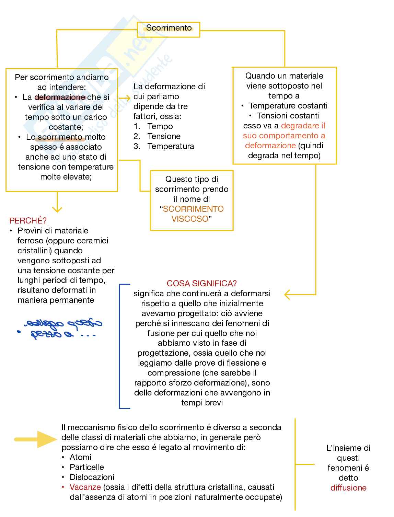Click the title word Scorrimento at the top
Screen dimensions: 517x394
(169, 28)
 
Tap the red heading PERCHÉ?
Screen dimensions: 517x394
(28, 220)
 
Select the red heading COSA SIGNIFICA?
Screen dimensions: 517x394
(201, 283)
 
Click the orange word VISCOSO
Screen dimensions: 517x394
(190, 219)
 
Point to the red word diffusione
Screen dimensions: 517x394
(348, 487)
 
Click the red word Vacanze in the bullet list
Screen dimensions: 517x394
(85, 487)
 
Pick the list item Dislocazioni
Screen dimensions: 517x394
(92, 477)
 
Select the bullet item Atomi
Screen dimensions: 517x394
(80, 457)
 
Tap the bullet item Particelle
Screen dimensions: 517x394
(86, 467)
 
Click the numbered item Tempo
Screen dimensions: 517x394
(160, 126)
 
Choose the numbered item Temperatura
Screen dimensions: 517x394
(171, 146)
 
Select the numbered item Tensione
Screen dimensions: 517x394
(164, 136)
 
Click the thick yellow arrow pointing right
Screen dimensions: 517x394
(36, 439)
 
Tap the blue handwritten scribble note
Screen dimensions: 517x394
(62, 328)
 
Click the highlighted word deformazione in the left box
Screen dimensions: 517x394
(60, 97)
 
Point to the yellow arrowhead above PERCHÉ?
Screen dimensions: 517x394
(57, 209)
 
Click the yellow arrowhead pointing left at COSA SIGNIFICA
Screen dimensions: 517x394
(288, 294)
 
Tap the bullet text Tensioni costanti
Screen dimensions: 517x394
(288, 116)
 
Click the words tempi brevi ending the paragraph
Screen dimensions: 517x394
(202, 402)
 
